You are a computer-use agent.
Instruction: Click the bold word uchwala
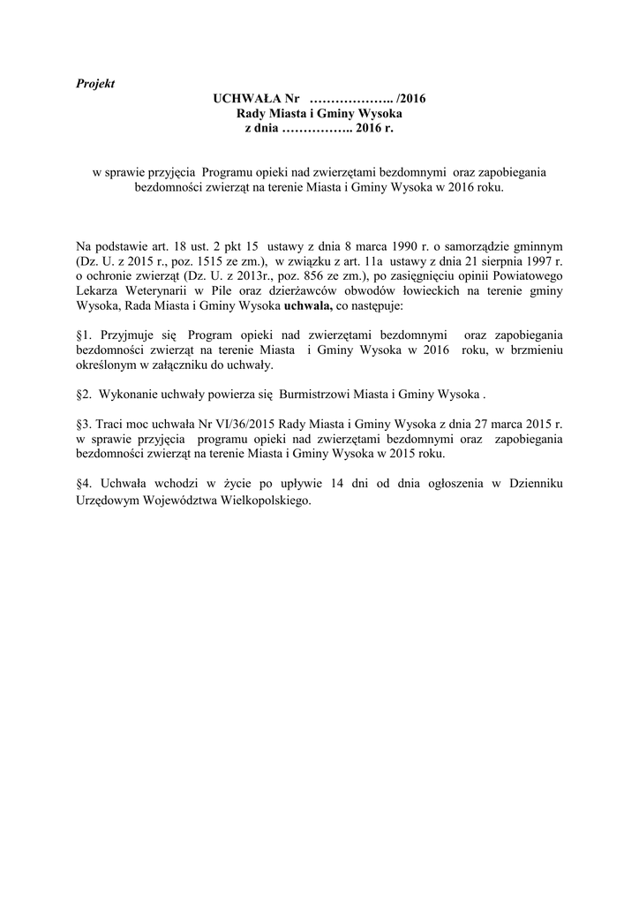307,308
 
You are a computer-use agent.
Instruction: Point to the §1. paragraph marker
86,335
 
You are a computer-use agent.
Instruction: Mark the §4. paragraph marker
86,482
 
